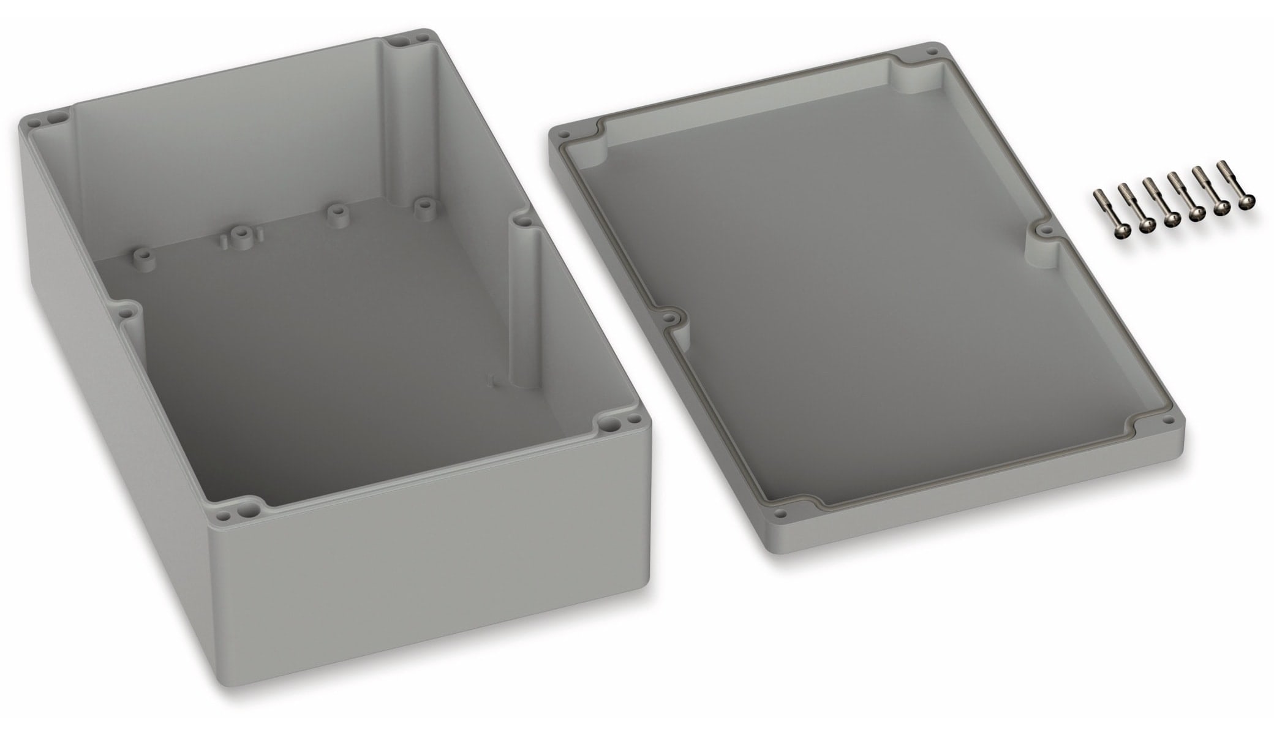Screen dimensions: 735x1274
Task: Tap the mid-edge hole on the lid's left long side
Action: point(674,318)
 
